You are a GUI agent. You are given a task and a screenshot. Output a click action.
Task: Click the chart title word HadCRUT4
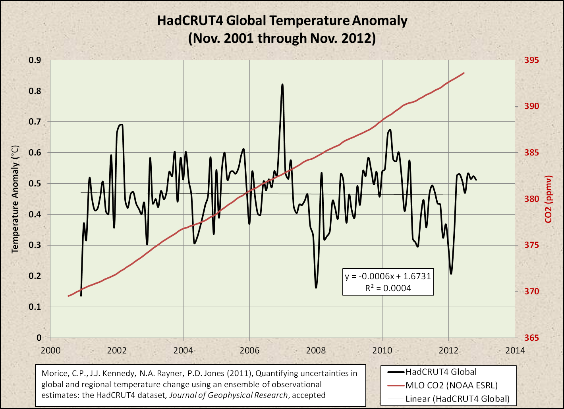189,21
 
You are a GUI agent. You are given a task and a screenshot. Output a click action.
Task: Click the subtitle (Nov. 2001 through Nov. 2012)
282,38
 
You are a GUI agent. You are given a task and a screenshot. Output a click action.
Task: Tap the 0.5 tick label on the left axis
36,184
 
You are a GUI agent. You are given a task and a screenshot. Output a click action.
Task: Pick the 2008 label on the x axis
316,351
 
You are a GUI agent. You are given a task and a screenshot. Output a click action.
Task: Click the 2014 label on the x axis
515,351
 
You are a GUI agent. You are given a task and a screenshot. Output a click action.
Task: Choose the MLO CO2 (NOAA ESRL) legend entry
451,385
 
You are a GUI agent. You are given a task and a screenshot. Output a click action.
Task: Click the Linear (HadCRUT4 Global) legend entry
457,399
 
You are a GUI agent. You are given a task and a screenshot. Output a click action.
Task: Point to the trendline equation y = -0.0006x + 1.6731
388,277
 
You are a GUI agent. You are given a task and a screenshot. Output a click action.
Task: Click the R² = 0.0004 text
388,288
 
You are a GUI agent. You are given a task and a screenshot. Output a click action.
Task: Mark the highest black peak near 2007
282,84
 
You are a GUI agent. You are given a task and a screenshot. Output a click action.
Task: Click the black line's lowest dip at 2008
316,287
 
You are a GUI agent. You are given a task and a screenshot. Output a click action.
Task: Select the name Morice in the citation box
53,373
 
